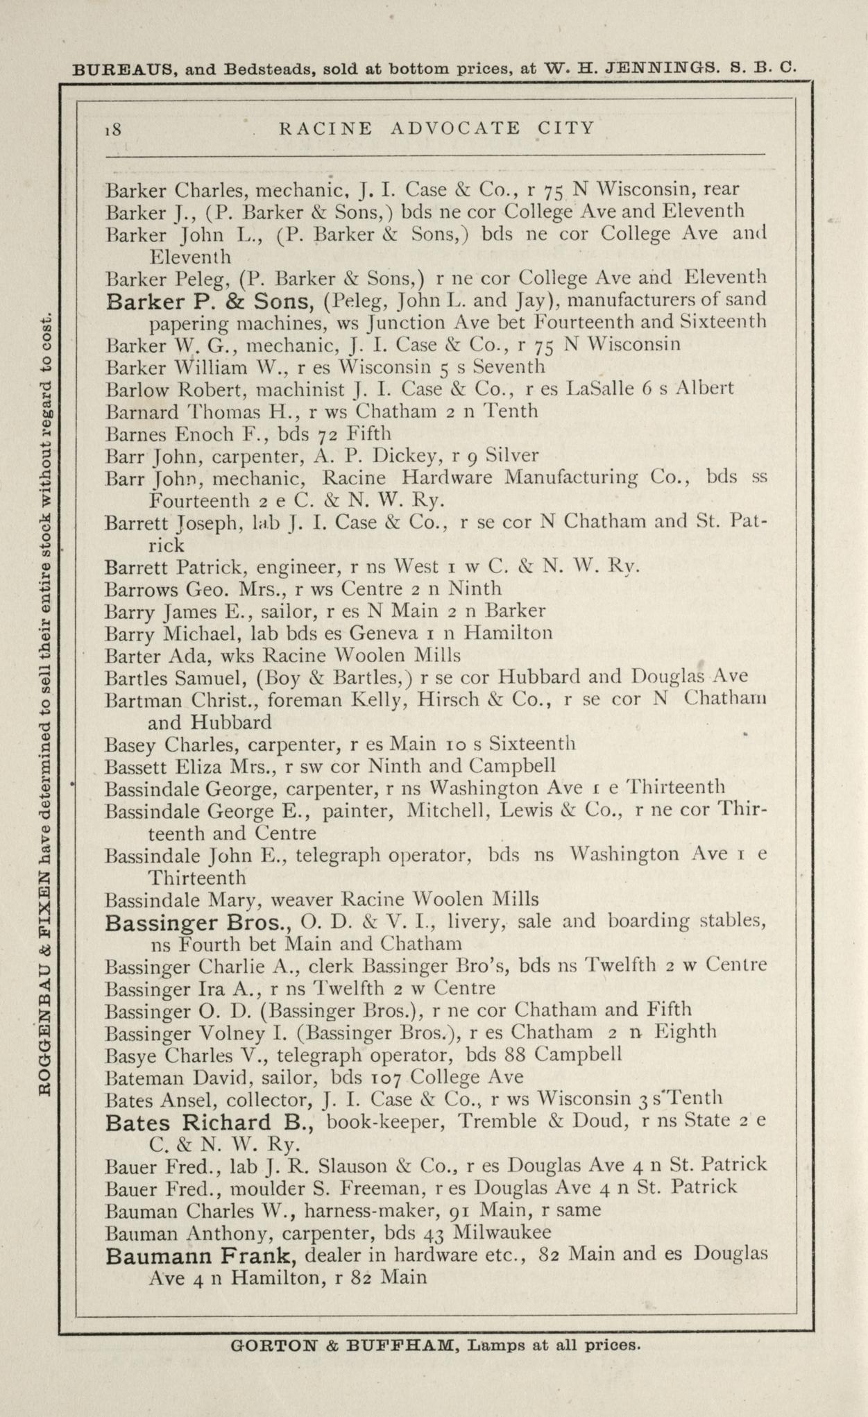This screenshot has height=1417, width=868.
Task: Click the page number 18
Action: tap(113, 129)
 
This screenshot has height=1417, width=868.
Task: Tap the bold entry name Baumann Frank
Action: tap(201, 1255)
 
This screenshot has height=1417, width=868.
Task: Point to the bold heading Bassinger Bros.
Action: tap(197, 923)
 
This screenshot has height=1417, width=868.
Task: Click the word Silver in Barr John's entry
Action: tap(512, 455)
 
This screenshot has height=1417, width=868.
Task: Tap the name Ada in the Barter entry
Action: tap(180, 655)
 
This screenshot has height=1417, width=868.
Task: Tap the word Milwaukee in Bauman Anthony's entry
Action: tap(502, 1233)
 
